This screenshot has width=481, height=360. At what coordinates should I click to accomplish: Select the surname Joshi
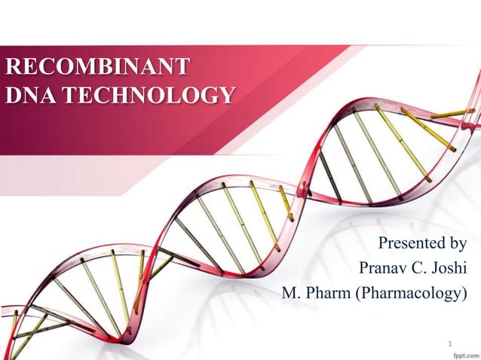[451, 267]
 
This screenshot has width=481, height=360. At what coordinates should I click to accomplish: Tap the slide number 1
[450, 346]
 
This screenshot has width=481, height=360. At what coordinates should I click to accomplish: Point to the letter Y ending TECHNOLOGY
[226, 95]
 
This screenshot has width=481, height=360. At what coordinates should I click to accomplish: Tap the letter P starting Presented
[383, 243]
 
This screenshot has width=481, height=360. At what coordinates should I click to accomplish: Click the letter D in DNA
[13, 95]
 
